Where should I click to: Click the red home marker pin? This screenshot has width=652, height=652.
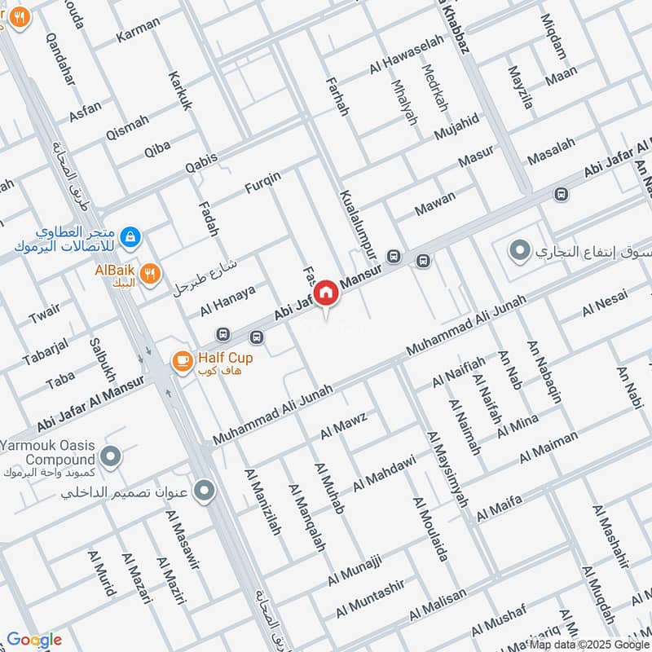pos(326,293)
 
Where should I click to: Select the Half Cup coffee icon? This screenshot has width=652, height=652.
pos(181,359)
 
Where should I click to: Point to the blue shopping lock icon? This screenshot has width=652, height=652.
pos(130,238)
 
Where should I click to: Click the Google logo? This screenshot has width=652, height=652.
pos(34,640)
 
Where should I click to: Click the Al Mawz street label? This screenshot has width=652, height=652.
pos(343,425)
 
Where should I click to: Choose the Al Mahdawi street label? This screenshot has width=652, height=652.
pos(384,473)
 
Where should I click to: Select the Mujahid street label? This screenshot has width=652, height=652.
pos(457,127)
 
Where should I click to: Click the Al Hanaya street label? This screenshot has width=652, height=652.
pos(227,300)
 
